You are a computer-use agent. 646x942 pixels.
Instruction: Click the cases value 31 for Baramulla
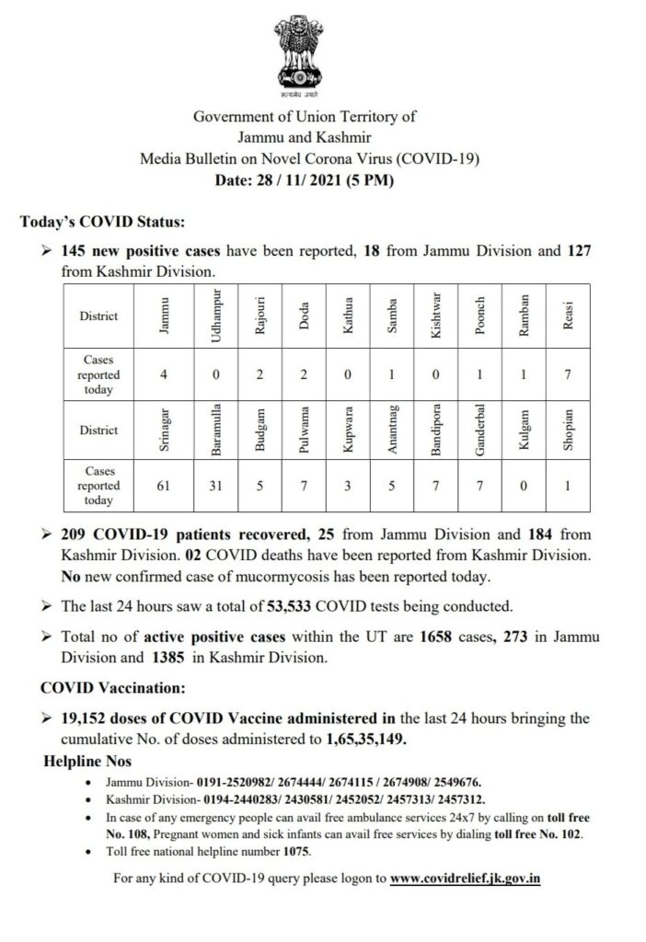215,484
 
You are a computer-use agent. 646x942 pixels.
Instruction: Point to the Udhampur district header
215,316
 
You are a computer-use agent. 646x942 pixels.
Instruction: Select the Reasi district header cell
568,316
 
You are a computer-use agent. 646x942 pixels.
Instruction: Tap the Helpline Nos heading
88,761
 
